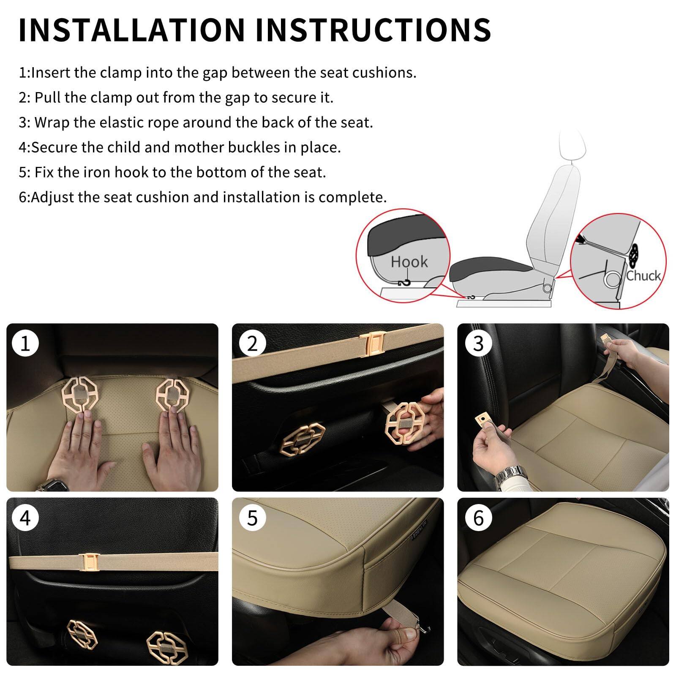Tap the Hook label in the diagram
click(409, 262)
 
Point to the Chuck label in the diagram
click(643, 276)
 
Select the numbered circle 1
click(25, 343)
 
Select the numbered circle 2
click(252, 343)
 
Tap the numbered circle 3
click(478, 343)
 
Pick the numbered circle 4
click(25, 518)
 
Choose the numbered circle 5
click(252, 518)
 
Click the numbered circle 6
click(478, 518)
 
